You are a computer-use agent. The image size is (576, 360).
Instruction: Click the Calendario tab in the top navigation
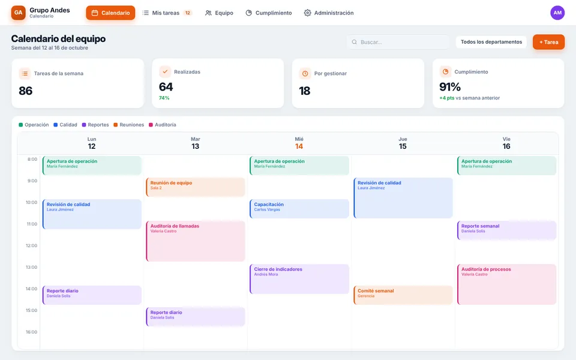[x=110, y=13]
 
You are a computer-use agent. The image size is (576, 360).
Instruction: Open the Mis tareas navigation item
[x=167, y=13]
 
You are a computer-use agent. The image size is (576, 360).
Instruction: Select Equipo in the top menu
[x=219, y=13]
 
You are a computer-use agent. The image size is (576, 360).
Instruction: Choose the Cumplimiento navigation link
[x=269, y=13]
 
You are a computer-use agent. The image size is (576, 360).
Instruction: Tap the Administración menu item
[x=329, y=13]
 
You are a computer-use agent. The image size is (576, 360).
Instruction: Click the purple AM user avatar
[x=557, y=13]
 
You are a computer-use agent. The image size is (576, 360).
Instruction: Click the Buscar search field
[x=398, y=42]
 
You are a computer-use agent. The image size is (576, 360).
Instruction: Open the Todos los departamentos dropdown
[x=491, y=42]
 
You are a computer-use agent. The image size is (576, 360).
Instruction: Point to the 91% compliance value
[x=450, y=87]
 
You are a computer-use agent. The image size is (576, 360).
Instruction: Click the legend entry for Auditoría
[x=163, y=125]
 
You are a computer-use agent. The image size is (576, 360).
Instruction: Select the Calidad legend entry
[x=65, y=125]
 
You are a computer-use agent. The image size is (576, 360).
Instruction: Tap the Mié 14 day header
[x=299, y=143]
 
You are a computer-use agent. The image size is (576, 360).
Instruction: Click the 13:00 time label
[x=32, y=267]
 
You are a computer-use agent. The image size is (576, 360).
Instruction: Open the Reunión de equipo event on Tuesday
[x=196, y=187]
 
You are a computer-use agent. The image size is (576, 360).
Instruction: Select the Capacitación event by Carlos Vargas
[x=299, y=209]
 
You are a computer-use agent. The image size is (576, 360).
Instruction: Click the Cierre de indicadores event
[x=299, y=279]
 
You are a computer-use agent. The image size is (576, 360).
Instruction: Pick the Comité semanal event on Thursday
[x=403, y=295]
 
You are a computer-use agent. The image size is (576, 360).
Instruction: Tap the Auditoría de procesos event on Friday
[x=506, y=284]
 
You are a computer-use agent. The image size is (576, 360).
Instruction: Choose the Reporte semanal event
[x=506, y=230]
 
